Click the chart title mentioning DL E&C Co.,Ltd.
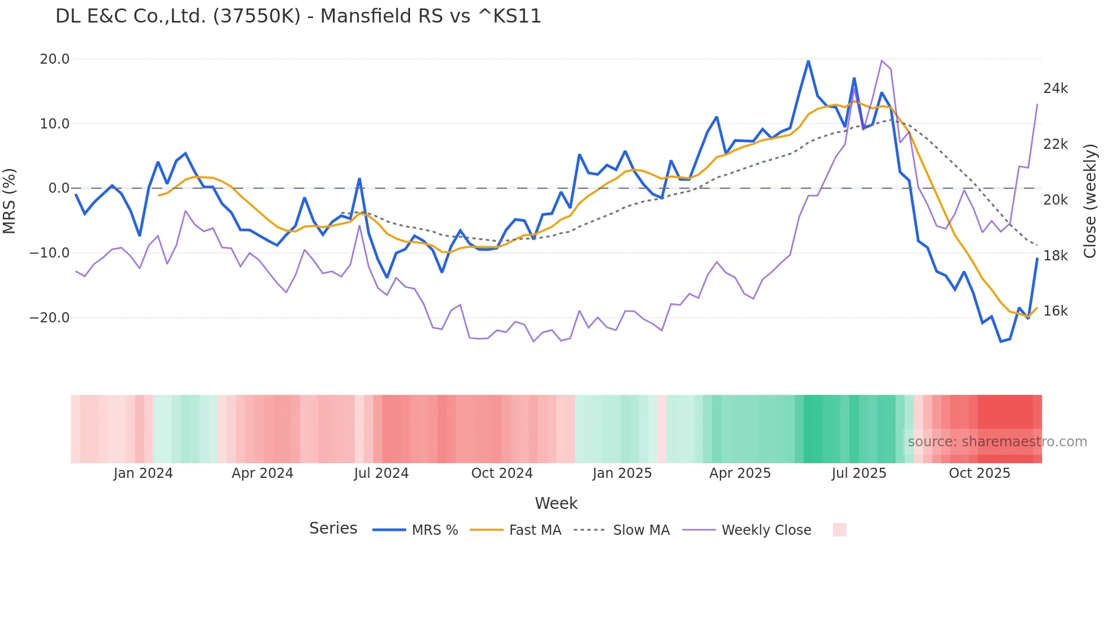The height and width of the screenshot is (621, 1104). [298, 16]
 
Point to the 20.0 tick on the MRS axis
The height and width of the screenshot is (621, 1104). [55, 59]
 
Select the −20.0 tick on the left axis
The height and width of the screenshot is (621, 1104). [50, 318]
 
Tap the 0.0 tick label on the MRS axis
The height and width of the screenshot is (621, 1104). [59, 188]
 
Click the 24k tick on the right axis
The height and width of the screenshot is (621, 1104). [1055, 88]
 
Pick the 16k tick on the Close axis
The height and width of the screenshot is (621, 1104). [1055, 311]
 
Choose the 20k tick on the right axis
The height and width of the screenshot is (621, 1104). [1055, 200]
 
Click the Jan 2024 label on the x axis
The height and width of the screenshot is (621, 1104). [143, 473]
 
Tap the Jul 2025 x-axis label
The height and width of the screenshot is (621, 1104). [858, 473]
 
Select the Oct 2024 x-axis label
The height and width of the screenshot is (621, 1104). [501, 473]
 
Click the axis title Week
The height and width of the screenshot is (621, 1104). [556, 503]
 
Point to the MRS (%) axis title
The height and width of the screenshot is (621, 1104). [10, 201]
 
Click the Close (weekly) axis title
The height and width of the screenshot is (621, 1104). [1090, 201]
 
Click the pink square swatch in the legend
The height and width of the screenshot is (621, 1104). [839, 530]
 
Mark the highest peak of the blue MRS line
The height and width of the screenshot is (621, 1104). [808, 61]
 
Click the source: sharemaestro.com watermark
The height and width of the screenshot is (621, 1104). [997, 442]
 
